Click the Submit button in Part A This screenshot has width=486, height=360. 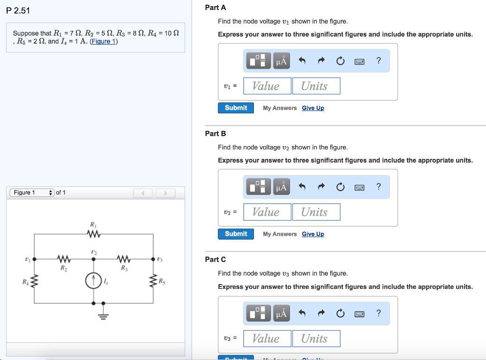pos(236,108)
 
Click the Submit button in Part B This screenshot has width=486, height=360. pos(236,234)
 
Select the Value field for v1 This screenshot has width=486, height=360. pos(267,86)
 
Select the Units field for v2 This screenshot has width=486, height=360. pos(316,212)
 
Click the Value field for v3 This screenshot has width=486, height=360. pos(267,338)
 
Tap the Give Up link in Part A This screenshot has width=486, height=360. pos(313,108)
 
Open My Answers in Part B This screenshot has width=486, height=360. pos(280,234)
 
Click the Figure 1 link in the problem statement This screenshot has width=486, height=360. pos(103,41)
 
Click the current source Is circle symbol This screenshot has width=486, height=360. pos(93,281)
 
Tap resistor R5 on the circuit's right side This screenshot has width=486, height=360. pos(153,281)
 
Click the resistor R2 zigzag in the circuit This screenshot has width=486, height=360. pos(64,259)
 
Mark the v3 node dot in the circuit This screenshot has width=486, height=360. pos(153,259)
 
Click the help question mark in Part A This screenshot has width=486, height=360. pos(378,60)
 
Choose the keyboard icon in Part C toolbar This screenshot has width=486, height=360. pos(359,313)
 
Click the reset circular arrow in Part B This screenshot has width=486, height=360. pos(340,187)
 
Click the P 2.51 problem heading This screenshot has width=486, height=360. pos(19,11)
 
